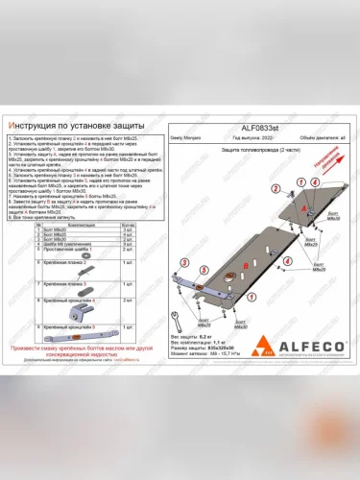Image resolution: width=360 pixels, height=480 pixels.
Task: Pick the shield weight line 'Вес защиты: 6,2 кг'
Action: point(191,338)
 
